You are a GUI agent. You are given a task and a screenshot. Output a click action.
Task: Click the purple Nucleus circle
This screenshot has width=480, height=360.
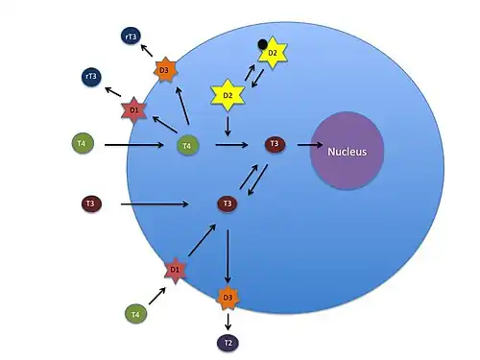(x=348, y=151)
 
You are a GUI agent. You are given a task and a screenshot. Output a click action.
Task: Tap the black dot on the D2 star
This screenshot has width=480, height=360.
(x=262, y=44)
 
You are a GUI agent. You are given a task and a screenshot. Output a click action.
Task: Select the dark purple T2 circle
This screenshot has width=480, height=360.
(x=228, y=343)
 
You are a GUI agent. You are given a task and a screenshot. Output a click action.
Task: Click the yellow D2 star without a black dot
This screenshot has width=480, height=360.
(x=228, y=95)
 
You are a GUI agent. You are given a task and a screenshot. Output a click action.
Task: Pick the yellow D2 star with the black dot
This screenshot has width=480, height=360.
(x=273, y=53)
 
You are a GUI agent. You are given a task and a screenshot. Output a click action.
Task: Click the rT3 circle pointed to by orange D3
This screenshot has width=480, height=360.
(x=131, y=36)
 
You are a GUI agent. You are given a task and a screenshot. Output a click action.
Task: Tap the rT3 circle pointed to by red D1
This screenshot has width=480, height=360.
(x=91, y=77)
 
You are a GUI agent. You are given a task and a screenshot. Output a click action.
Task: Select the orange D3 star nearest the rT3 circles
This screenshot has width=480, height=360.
(x=165, y=70)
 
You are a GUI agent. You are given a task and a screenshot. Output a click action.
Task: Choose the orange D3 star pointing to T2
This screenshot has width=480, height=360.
(x=228, y=298)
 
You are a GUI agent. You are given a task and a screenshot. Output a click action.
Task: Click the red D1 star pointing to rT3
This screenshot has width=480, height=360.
(x=134, y=110)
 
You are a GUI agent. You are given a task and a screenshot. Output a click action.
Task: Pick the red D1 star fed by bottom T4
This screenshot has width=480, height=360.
(x=175, y=270)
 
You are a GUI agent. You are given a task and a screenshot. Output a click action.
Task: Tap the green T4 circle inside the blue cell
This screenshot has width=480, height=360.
(x=188, y=146)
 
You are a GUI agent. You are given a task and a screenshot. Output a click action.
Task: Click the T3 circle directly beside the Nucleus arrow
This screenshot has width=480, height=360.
(x=275, y=144)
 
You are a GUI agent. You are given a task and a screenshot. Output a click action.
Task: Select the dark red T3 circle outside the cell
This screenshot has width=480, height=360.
(x=91, y=204)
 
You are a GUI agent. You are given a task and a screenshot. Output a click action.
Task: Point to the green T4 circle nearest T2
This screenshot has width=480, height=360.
(x=135, y=314)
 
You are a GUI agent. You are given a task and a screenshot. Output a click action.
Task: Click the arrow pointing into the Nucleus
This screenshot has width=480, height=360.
(x=310, y=145)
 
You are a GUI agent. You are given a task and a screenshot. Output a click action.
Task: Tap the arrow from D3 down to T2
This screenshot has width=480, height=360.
(x=228, y=322)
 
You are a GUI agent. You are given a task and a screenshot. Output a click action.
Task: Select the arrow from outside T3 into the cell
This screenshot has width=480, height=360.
(x=155, y=204)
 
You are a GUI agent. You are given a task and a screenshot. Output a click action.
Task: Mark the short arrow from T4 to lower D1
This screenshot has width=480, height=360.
(x=157, y=296)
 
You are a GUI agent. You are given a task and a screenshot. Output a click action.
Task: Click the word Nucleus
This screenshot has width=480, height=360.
(x=347, y=152)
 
